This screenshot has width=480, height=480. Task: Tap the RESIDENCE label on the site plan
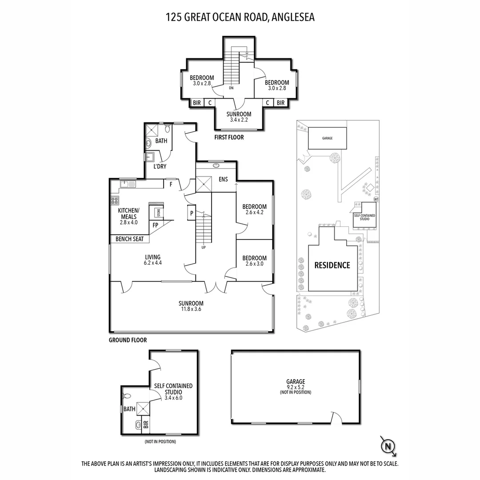click(332, 265)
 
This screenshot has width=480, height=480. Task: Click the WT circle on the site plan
click(376, 199)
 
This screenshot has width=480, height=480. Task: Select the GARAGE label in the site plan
click(327, 138)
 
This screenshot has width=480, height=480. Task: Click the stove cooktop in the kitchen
click(115, 201)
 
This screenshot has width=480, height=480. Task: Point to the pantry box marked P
click(192, 213)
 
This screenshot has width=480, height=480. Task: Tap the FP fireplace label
click(156, 225)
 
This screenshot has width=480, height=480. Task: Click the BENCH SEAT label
click(129, 239)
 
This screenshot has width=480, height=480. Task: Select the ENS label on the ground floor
click(223, 180)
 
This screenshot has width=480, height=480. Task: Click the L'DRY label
click(160, 167)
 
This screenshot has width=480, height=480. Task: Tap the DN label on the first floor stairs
click(231, 88)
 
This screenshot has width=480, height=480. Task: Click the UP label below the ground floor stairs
click(204, 248)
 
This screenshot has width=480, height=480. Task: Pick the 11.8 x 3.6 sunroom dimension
click(191, 309)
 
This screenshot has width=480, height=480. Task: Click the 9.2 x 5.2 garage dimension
click(296, 387)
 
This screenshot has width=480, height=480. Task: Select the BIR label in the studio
click(146, 424)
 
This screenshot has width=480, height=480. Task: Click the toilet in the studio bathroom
click(126, 396)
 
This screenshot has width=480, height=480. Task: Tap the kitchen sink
click(128, 184)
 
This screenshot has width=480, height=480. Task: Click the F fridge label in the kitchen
click(171, 184)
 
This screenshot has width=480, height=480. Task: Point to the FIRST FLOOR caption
click(229, 137)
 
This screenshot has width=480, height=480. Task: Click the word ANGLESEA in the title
click(293, 17)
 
